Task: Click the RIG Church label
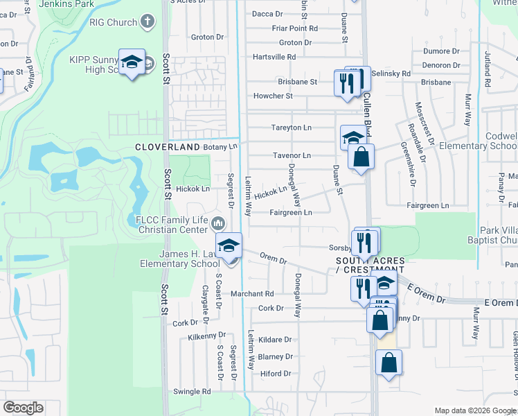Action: click(x=113, y=22)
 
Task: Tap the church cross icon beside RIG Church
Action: click(x=147, y=22)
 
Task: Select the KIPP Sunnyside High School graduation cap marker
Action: click(x=131, y=63)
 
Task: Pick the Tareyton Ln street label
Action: click(x=291, y=128)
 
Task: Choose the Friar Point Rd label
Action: click(x=295, y=28)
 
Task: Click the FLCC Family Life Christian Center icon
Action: click(x=217, y=223)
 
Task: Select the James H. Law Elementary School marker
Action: click(x=229, y=245)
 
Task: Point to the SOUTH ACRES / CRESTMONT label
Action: click(x=370, y=264)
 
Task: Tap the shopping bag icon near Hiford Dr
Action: click(x=389, y=363)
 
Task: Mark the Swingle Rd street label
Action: click(x=193, y=392)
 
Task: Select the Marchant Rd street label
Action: click(x=253, y=294)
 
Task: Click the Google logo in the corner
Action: click(x=24, y=407)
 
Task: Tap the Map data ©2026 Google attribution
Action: click(x=475, y=410)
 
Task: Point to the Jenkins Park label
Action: click(x=67, y=3)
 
